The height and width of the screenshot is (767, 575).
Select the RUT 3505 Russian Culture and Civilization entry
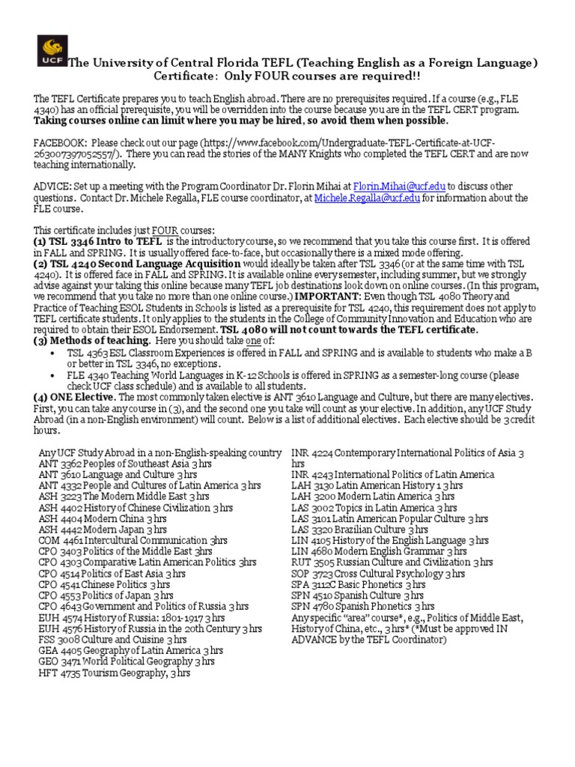392,562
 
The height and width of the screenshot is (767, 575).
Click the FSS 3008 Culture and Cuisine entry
112,640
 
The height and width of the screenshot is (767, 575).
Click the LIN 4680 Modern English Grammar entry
383,551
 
